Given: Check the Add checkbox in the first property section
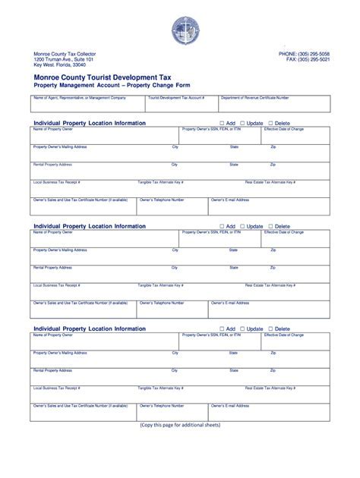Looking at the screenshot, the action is click(x=222, y=123).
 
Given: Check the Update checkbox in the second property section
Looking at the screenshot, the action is click(x=242, y=226).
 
